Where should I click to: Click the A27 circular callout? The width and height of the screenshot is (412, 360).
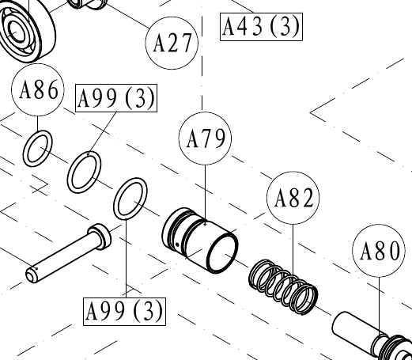(x=172, y=43)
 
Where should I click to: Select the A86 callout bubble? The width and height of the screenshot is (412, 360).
(x=38, y=90)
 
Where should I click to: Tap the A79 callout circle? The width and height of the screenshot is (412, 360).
(x=205, y=138)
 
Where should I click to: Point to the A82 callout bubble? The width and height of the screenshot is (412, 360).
(x=293, y=198)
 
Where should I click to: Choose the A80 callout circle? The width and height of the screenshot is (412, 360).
(x=379, y=251)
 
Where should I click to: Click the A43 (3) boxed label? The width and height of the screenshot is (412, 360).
(x=261, y=27)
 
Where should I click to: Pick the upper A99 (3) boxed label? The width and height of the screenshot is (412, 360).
(x=116, y=98)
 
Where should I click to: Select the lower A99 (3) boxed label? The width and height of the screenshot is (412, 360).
(x=124, y=312)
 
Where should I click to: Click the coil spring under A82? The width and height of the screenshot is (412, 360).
(x=283, y=287)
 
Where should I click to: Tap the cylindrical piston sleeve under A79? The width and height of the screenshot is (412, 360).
(x=200, y=241)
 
